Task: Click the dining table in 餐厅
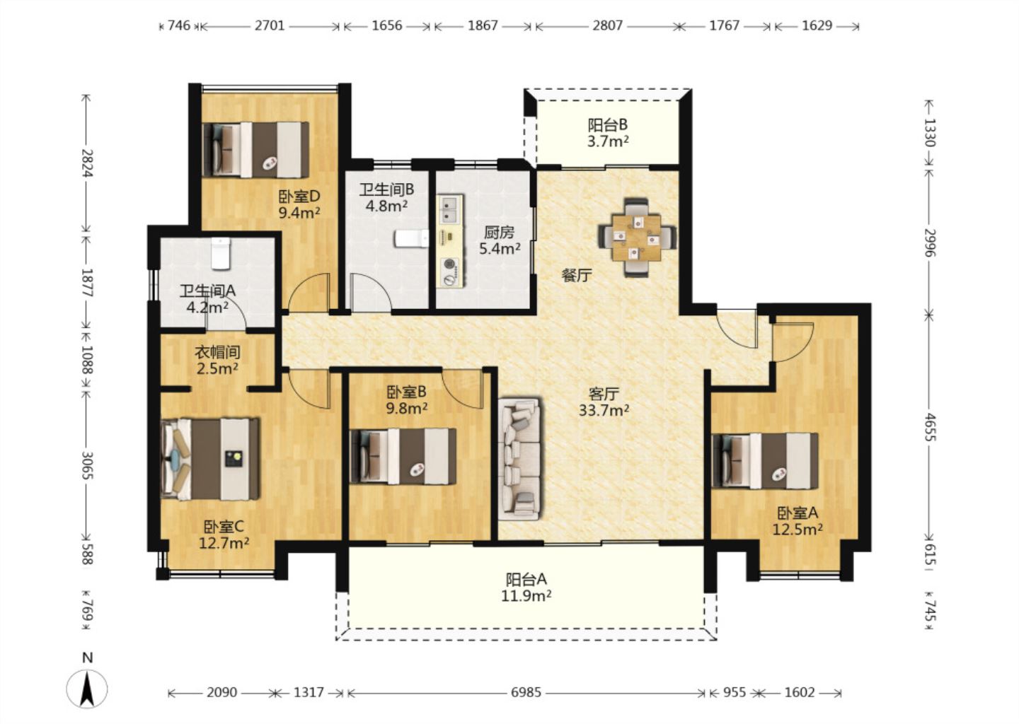click(x=636, y=238)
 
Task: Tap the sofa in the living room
click(x=519, y=459)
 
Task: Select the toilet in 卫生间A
click(x=221, y=252)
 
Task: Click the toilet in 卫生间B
click(x=411, y=238)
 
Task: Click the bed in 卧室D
click(x=255, y=149)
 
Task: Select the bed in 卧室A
click(x=765, y=461)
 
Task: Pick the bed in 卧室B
click(x=403, y=456)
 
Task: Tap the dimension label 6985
click(x=526, y=693)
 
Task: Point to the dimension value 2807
click(x=607, y=25)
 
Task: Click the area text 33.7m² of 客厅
click(x=604, y=410)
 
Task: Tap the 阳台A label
click(x=526, y=580)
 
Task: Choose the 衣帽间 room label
click(x=217, y=352)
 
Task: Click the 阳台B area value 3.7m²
click(x=608, y=141)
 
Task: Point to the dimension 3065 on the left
click(x=87, y=465)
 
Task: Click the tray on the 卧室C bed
click(x=234, y=459)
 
